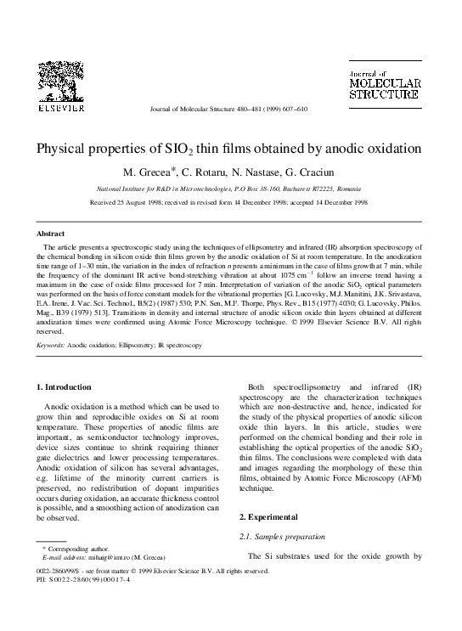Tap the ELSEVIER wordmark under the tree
click(x=59, y=109)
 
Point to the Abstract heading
click(x=49, y=233)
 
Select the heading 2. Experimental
click(x=269, y=516)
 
